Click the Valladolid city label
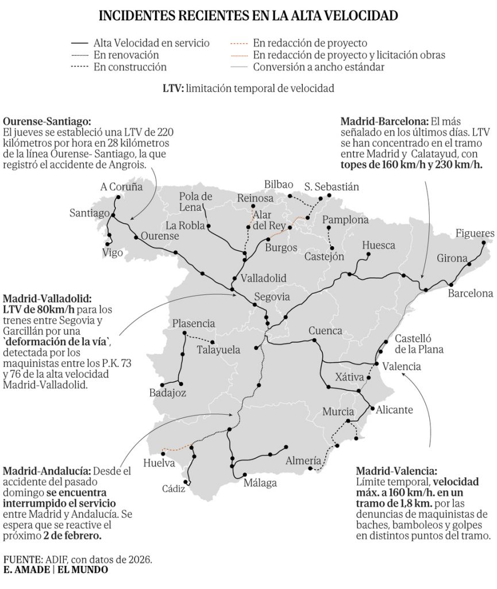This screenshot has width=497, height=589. pos(263,278)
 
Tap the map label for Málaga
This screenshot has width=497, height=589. pos(260,483)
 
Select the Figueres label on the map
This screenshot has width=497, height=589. pos(475,233)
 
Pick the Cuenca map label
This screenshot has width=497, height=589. pos(325,331)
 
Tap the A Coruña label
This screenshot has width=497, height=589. pos(121,186)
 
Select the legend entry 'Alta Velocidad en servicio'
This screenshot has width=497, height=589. pos(151,43)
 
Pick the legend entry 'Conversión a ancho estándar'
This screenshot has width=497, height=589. pos(319,67)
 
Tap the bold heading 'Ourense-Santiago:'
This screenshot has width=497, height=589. pos(47,122)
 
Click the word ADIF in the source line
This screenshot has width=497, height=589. pos(57,559)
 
